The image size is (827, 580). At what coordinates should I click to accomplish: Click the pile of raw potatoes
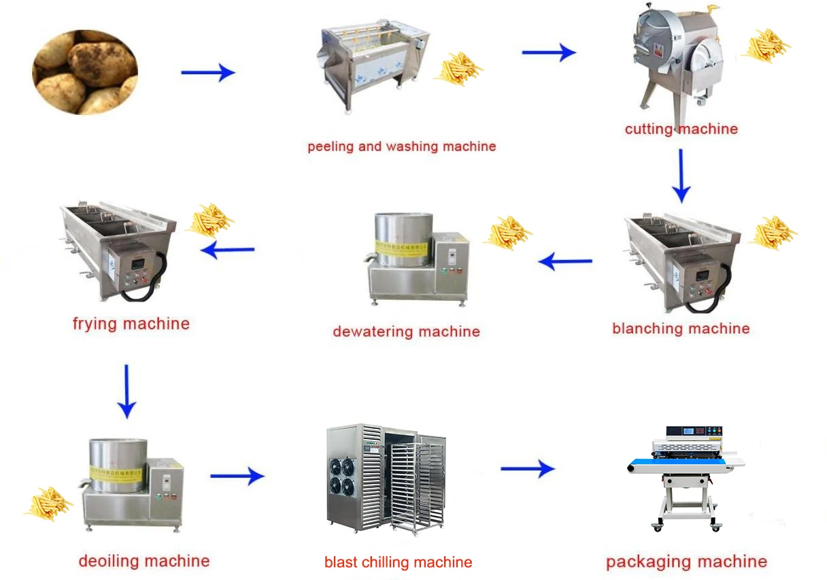(85, 72)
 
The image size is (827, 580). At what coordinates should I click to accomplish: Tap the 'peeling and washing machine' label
(402, 147)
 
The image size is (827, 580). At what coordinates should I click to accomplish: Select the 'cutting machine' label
(681, 129)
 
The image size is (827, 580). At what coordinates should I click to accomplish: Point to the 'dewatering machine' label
(406, 332)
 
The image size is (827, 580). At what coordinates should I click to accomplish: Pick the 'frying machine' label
(131, 324)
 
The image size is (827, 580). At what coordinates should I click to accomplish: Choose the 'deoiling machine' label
(144, 561)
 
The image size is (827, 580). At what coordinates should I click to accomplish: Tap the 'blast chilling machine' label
(398, 562)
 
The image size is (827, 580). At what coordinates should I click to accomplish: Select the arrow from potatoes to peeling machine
(208, 72)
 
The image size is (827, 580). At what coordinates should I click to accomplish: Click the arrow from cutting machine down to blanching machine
(681, 176)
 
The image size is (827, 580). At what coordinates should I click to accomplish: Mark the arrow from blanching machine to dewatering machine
(565, 261)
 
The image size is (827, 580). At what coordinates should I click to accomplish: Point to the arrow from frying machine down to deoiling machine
(126, 392)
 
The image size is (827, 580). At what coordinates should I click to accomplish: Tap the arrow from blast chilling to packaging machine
(528, 469)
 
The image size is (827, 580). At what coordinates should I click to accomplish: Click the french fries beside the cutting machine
(766, 46)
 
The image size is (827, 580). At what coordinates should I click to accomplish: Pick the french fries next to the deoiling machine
(49, 504)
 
